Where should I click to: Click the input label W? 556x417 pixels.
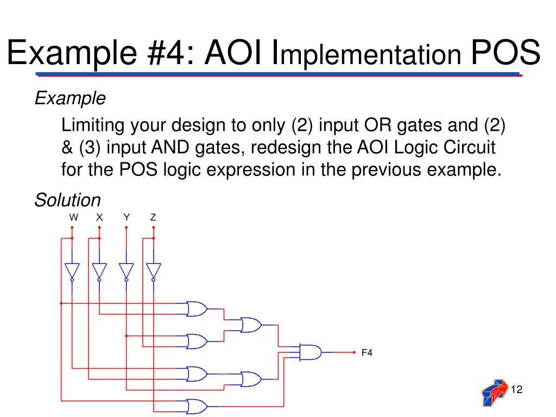click(73, 217)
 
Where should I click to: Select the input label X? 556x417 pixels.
click(99, 217)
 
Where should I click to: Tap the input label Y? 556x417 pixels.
click(127, 217)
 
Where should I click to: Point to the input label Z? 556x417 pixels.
click(153, 217)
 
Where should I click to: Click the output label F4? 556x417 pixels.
click(367, 353)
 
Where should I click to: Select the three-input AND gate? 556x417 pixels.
click(310, 352)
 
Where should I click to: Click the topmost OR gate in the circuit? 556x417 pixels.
click(196, 309)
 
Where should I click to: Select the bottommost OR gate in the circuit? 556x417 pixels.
click(196, 406)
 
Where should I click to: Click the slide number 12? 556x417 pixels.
click(516, 389)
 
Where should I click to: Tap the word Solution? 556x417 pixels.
click(68, 200)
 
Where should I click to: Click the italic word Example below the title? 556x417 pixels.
click(70, 98)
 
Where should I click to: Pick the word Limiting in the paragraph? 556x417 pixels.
click(93, 126)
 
